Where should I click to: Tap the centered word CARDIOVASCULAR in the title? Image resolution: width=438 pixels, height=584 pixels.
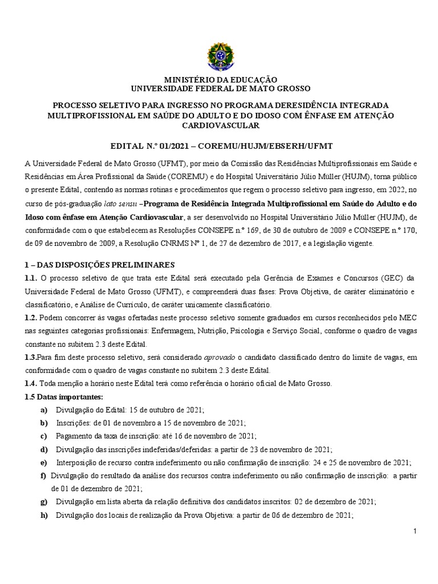tap(221, 125)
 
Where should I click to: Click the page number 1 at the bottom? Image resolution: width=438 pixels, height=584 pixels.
tap(416, 532)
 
